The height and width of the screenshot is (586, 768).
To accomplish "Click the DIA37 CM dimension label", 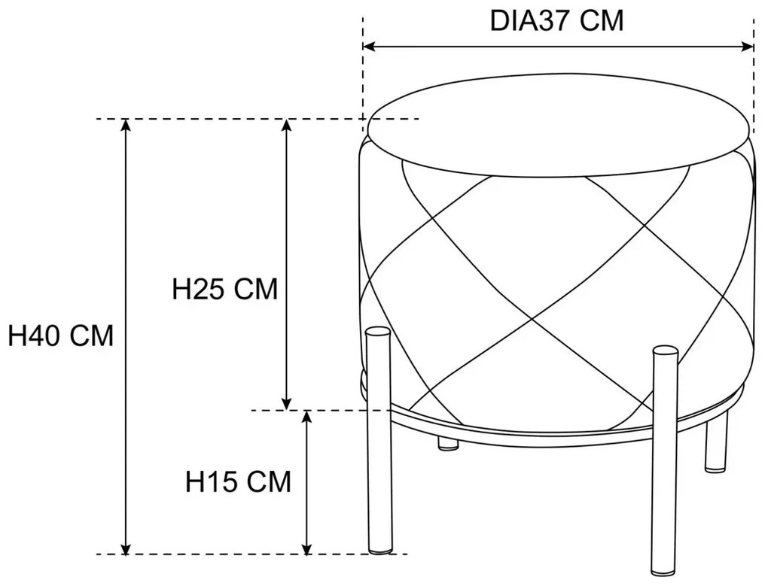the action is [x=557, y=21].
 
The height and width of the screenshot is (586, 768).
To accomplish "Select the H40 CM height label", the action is [x=61, y=336].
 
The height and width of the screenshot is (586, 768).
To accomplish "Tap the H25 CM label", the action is [x=225, y=289].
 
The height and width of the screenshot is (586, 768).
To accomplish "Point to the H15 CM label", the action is [x=238, y=481].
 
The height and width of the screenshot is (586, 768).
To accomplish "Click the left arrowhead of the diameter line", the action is [x=369, y=47].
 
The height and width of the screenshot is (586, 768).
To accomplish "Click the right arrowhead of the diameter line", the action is [x=748, y=47].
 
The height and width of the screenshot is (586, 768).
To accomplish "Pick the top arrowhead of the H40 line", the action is [x=126, y=125].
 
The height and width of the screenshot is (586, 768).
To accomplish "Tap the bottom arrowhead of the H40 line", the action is [x=126, y=548].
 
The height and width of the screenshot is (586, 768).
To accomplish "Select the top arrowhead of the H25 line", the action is [x=287, y=125].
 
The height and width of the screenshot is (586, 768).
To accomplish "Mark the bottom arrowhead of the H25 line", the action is [x=287, y=403].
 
